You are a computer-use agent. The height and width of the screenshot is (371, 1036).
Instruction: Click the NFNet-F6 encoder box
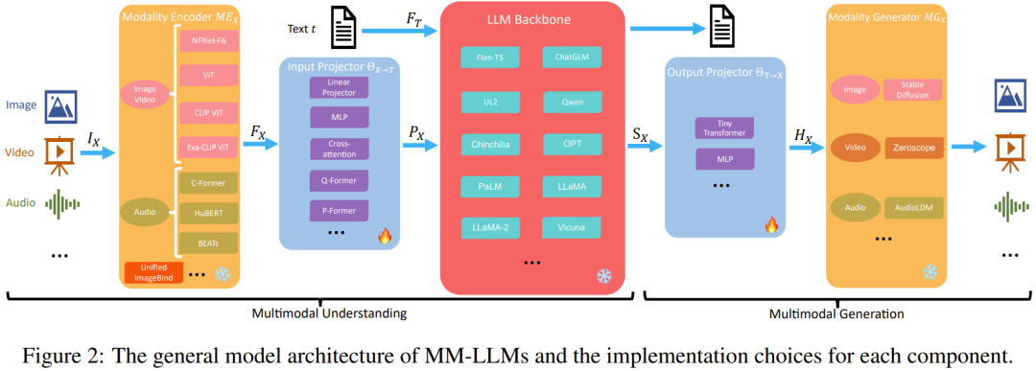tap(208, 40)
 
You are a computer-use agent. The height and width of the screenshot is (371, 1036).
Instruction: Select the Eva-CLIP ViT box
tap(208, 150)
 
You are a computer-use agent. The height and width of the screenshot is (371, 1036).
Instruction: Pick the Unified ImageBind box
tap(152, 272)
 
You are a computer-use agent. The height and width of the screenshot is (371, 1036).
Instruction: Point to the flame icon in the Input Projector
tap(385, 235)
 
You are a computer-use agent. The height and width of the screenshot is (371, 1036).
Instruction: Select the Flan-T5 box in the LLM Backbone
tap(489, 58)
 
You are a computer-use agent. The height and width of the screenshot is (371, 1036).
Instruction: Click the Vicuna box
tap(571, 227)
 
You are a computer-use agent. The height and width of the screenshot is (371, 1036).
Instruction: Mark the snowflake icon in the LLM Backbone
tap(604, 276)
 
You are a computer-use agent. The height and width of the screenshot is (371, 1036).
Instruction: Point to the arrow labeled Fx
tap(260, 145)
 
